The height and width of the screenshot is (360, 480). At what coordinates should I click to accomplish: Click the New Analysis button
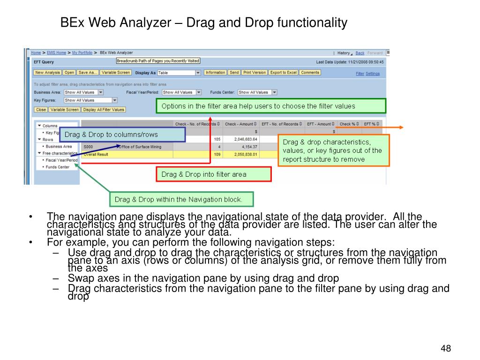tap(47, 73)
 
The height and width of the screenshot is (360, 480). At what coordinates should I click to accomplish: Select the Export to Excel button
tap(284, 73)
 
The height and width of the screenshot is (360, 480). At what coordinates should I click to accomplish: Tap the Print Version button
tap(255, 73)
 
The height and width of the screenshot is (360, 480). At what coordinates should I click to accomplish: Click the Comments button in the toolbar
tap(310, 73)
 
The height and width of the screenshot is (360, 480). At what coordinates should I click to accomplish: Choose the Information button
tap(215, 73)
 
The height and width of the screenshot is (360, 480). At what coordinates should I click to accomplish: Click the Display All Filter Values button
tap(104, 110)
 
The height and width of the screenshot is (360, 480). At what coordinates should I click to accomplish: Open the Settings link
tap(373, 74)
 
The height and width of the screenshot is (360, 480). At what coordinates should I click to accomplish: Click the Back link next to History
tap(360, 53)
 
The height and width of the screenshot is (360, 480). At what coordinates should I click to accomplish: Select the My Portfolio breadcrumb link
tap(82, 53)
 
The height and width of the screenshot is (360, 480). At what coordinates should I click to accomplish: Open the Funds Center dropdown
tap(274, 92)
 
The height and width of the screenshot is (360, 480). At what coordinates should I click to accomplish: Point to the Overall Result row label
tap(96, 154)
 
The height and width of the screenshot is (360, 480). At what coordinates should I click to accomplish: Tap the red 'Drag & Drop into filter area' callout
tap(213, 174)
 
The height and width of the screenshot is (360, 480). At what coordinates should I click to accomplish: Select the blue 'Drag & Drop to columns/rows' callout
tap(125, 135)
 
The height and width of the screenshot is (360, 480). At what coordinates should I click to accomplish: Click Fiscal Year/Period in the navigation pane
tap(61, 160)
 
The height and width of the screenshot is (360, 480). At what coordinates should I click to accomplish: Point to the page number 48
tap(445, 348)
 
